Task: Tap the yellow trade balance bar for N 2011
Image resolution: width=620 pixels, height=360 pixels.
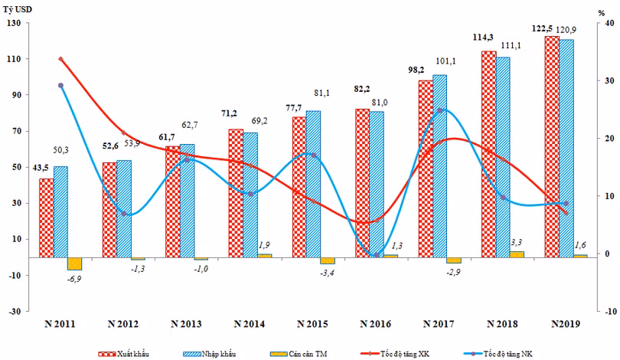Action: coord(74,263)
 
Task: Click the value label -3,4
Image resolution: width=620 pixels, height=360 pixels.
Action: coord(326,273)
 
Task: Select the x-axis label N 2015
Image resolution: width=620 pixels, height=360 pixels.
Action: coord(312,325)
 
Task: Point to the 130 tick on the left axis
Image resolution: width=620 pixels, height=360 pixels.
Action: coord(15,23)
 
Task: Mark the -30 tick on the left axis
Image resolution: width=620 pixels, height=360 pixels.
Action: coord(15,311)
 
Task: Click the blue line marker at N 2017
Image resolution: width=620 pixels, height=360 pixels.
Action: coord(439,110)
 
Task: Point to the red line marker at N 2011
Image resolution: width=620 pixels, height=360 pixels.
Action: coord(60,59)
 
